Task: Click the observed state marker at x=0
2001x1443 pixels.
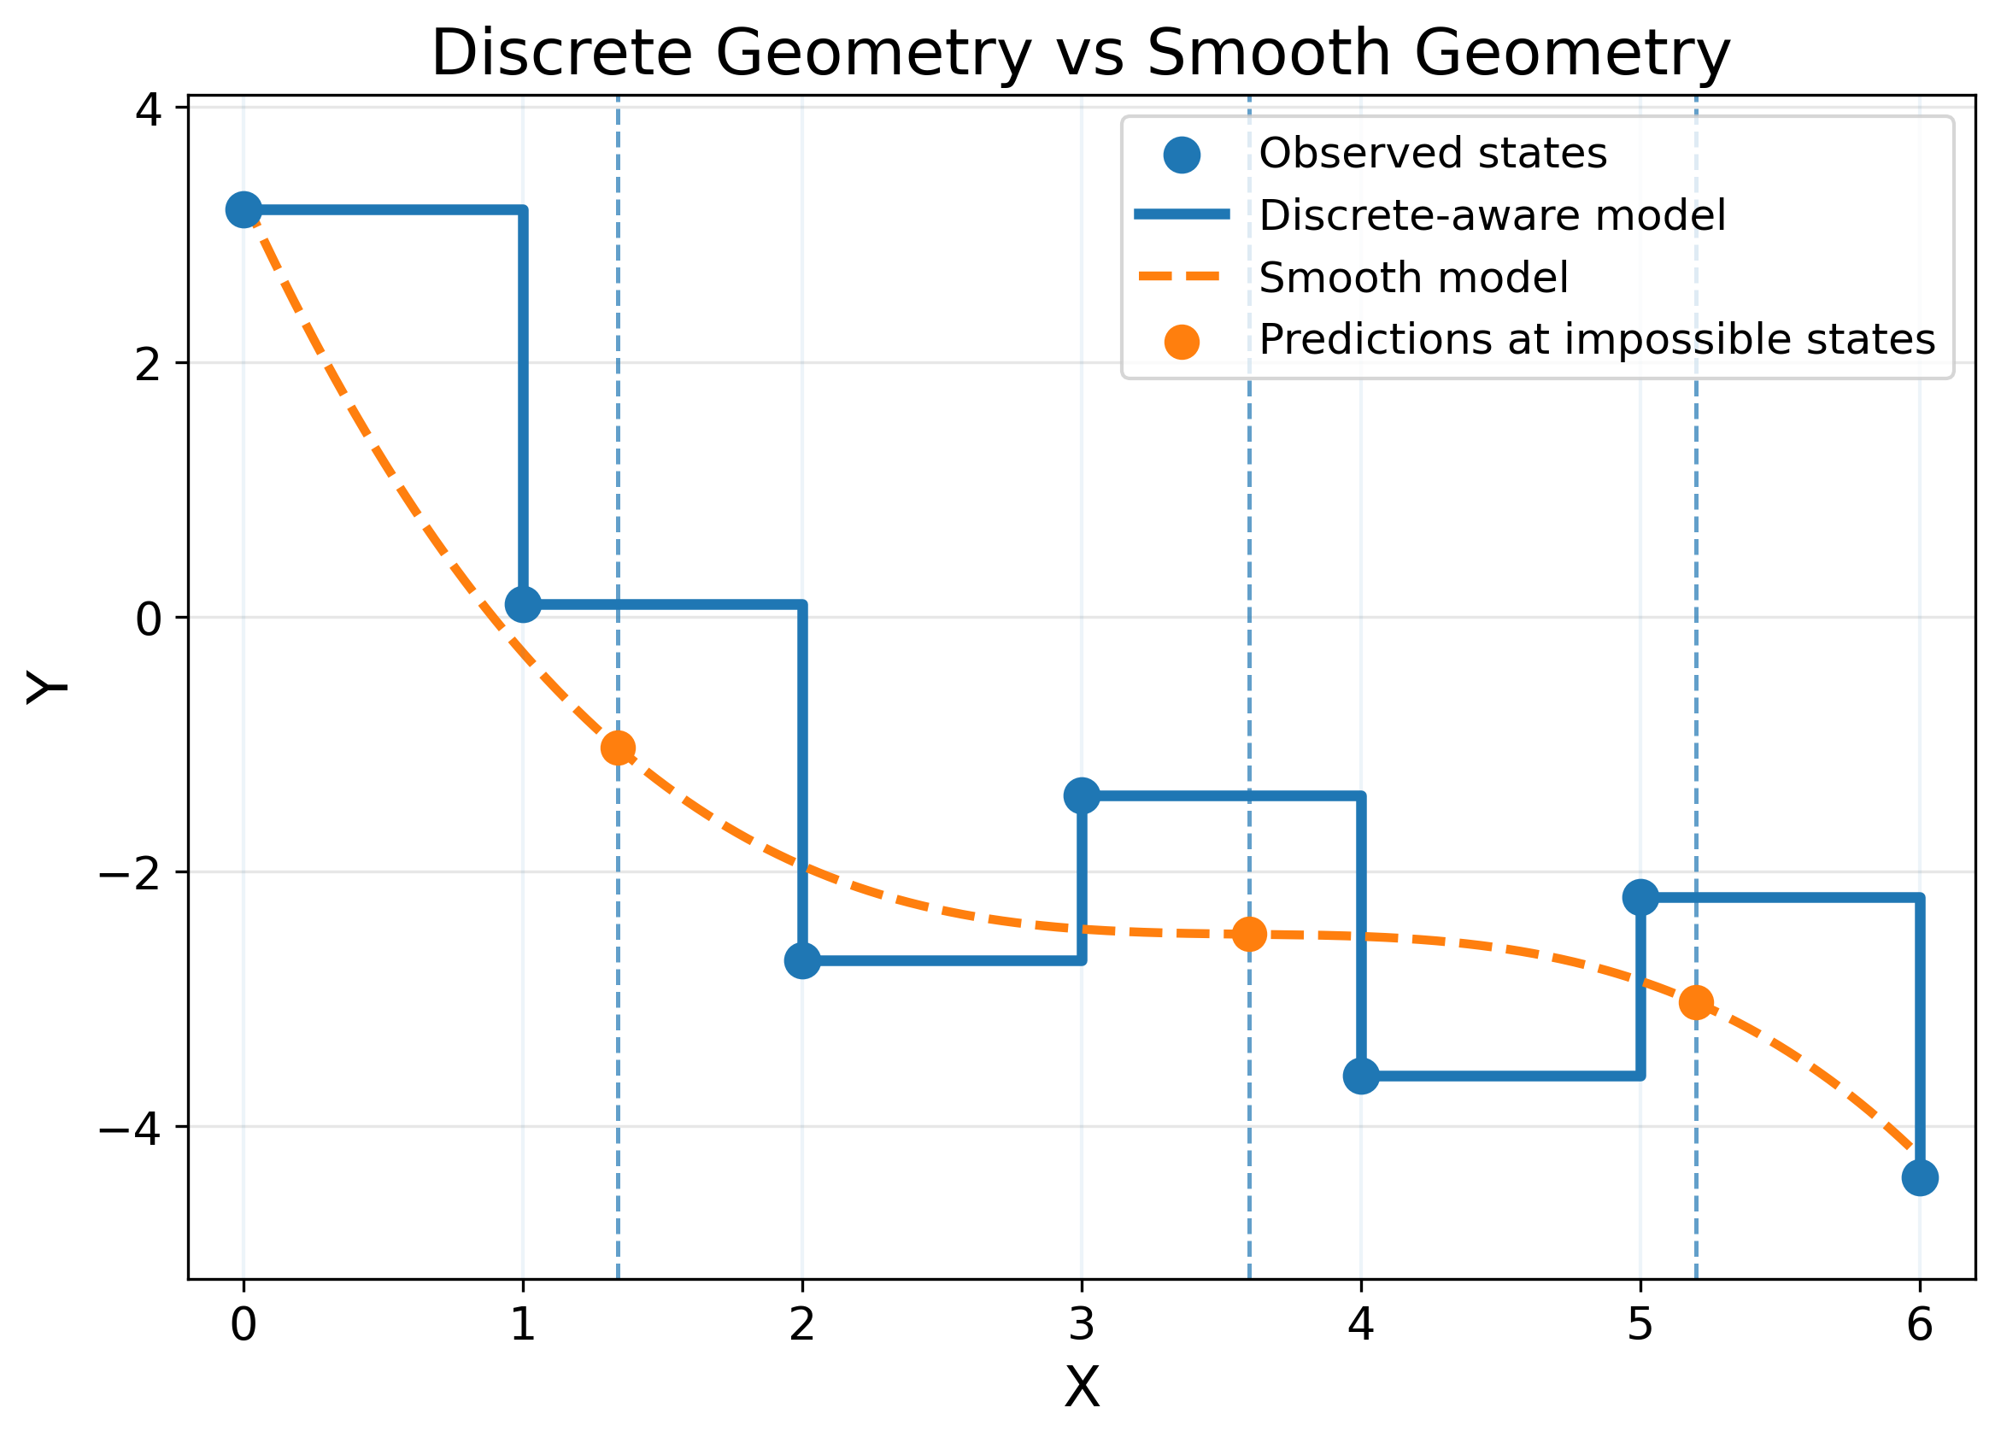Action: click(x=244, y=210)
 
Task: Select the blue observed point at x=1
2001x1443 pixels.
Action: click(x=523, y=604)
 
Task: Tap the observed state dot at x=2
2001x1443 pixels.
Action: click(x=802, y=960)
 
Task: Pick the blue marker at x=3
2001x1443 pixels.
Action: click(x=1082, y=795)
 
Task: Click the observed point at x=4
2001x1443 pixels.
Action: click(x=1361, y=1076)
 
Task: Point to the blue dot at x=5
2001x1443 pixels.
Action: click(x=1640, y=898)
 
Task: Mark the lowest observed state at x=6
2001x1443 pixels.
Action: click(x=1920, y=1177)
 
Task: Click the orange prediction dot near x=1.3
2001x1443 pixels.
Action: click(x=618, y=748)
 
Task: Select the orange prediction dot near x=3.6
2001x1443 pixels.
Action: click(x=1249, y=934)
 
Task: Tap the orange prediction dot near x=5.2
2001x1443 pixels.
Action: click(x=1696, y=1003)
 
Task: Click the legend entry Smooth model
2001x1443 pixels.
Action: click(x=1413, y=278)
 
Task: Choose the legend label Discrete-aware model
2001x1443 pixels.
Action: click(x=1491, y=215)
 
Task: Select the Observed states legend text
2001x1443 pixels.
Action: click(x=1432, y=154)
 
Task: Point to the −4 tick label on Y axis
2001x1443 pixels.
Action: click(x=130, y=1128)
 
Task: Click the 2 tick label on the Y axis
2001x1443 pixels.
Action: click(x=148, y=364)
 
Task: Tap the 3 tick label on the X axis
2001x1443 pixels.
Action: click(x=1082, y=1325)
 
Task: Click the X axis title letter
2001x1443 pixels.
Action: click(x=1082, y=1388)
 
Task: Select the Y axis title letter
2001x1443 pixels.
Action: click(x=48, y=687)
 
